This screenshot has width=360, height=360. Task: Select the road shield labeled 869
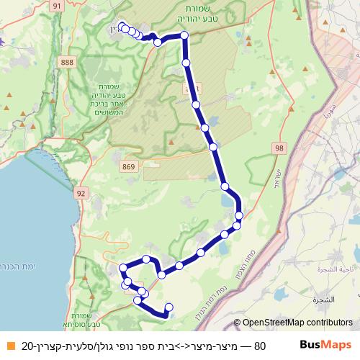point(129,167)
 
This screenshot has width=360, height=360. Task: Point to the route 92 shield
point(80,193)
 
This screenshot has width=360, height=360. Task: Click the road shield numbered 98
point(279,148)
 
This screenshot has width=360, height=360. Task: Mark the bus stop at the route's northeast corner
point(184,35)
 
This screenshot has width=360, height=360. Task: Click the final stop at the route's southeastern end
point(169,307)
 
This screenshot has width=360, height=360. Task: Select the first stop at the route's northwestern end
point(121,27)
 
